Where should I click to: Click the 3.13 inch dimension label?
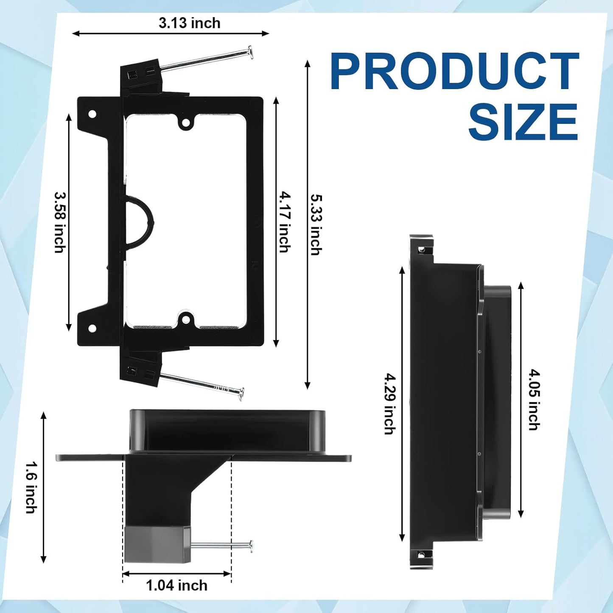click(190, 23)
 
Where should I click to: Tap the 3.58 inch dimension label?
click(60, 222)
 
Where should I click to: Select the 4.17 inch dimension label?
click(285, 222)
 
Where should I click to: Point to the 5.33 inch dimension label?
click(316, 224)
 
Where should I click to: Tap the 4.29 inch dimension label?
click(390, 404)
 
